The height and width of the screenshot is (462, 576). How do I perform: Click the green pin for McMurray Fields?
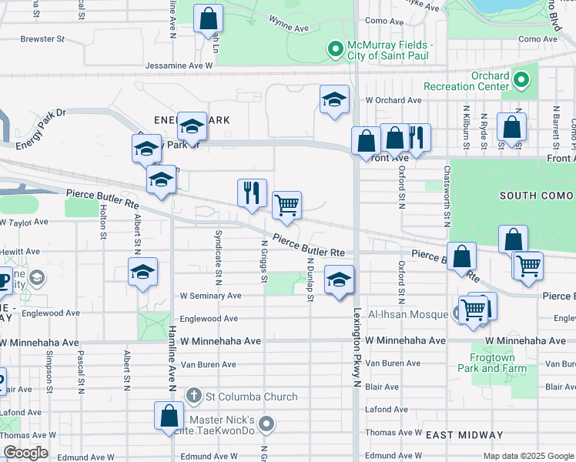coord(335,51)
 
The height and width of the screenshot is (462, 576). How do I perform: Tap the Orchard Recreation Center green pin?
coord(521,80)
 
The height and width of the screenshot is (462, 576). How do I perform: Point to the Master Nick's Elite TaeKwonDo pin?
coord(266,424)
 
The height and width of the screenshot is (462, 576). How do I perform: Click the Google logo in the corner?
coord(25,453)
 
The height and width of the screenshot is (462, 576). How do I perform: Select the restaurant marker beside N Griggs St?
coord(252,192)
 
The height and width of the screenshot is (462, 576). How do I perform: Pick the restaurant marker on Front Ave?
coord(417,137)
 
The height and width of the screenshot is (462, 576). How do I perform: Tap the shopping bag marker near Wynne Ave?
coord(208,18)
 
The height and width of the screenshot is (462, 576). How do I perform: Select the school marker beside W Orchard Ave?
coord(334,99)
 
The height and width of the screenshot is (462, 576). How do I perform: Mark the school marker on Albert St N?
coord(142,272)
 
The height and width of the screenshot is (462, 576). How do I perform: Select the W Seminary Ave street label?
coord(210,296)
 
